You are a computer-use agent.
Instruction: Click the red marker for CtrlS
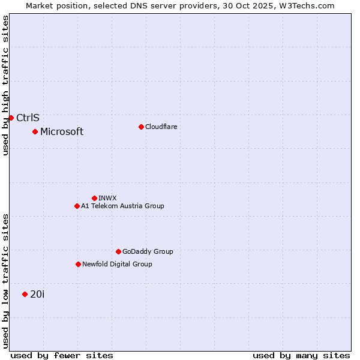11,118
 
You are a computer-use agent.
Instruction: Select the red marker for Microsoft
35,131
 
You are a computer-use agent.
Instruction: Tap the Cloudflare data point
141,127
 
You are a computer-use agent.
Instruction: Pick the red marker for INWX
94,198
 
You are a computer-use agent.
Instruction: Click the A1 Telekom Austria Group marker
77,206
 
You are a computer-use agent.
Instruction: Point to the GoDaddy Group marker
118,251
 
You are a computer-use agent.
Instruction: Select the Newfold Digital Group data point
78,264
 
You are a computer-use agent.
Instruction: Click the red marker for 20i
25,294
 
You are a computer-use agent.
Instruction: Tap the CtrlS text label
28,118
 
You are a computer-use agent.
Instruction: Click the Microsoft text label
62,131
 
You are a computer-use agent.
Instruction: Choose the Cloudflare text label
161,127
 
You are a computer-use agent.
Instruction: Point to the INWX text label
107,198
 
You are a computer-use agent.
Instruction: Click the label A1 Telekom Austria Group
122,206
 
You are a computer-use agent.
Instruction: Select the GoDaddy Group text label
148,251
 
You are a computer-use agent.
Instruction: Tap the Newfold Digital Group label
117,264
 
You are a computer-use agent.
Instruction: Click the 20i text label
37,294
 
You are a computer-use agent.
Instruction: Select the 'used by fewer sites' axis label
62,355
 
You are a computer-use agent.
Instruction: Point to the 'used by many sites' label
301,355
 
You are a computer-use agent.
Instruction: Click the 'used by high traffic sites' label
5,85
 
